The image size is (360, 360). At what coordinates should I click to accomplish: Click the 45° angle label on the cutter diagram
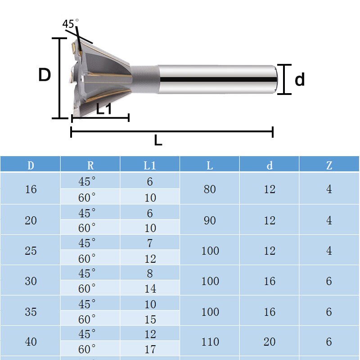pyautogui.click(x=71, y=24)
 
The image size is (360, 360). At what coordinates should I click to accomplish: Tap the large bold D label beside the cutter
pyautogui.click(x=44, y=76)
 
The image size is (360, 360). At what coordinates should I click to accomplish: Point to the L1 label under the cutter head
pyautogui.click(x=104, y=108)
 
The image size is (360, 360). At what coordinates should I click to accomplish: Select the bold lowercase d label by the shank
pyautogui.click(x=299, y=80)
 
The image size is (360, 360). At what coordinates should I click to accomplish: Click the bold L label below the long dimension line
pyautogui.click(x=157, y=140)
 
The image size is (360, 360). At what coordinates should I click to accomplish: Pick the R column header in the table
pyautogui.click(x=90, y=165)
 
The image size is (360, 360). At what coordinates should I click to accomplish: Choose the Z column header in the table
pyautogui.click(x=329, y=165)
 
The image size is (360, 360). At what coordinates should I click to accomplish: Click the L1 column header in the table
pyautogui.click(x=150, y=165)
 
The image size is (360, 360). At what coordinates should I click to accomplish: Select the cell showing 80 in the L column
pyautogui.click(x=210, y=189)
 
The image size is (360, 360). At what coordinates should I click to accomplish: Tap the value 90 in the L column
pyautogui.click(x=210, y=220)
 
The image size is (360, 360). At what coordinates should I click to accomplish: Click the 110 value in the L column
pyautogui.click(x=210, y=342)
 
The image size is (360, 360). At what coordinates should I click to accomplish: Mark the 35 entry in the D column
pyautogui.click(x=31, y=311)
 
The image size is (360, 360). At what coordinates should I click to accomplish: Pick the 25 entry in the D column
pyautogui.click(x=31, y=251)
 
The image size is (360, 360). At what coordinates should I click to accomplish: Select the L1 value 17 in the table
pyautogui.click(x=150, y=349)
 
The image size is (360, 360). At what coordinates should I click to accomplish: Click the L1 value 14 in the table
pyautogui.click(x=150, y=289)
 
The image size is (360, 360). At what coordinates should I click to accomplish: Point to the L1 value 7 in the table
pyautogui.click(x=150, y=243)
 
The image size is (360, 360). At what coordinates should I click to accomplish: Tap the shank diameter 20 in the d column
pyautogui.click(x=270, y=342)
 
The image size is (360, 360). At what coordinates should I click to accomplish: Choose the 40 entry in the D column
pyautogui.click(x=31, y=342)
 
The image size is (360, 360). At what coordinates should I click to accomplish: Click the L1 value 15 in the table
pyautogui.click(x=150, y=319)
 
